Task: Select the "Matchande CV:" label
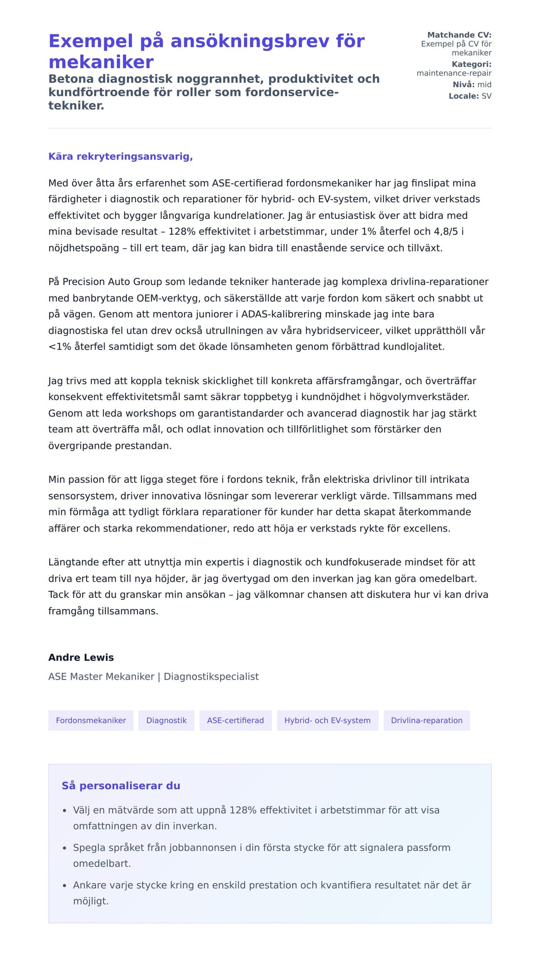(459, 35)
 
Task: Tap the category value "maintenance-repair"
(454, 73)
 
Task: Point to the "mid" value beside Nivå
(484, 84)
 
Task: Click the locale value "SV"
(486, 96)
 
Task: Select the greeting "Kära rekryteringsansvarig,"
(121, 156)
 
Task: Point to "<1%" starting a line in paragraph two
(60, 347)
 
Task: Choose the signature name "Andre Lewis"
(81, 657)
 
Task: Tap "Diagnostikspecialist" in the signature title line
(211, 677)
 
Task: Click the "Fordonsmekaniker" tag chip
(91, 720)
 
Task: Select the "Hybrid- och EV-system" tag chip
(327, 720)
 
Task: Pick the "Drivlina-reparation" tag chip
(426, 720)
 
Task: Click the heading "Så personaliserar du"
(121, 786)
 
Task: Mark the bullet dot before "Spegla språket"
(64, 848)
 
